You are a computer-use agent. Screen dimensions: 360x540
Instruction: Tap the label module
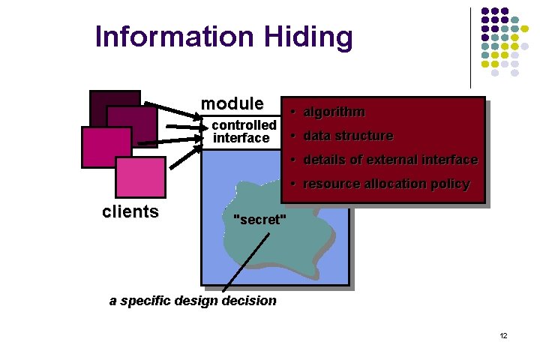point(232,103)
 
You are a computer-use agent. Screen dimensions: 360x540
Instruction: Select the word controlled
point(244,124)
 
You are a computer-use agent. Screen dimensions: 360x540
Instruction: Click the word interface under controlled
point(241,138)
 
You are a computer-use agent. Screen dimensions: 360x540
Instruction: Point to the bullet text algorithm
point(334,112)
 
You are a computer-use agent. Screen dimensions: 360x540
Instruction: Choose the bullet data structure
point(348,136)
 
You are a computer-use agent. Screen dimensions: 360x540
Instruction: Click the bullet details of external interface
point(390,160)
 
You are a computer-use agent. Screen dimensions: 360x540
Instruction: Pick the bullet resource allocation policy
point(385,184)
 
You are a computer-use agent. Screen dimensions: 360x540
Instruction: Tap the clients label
point(130,211)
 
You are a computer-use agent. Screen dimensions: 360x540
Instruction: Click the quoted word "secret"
point(260,220)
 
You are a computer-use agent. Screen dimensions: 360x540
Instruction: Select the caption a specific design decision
point(193,301)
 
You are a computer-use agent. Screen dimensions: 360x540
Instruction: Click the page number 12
point(503,335)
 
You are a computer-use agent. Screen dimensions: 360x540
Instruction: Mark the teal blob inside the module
point(300,240)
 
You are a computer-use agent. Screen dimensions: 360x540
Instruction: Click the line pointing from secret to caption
point(247,259)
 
